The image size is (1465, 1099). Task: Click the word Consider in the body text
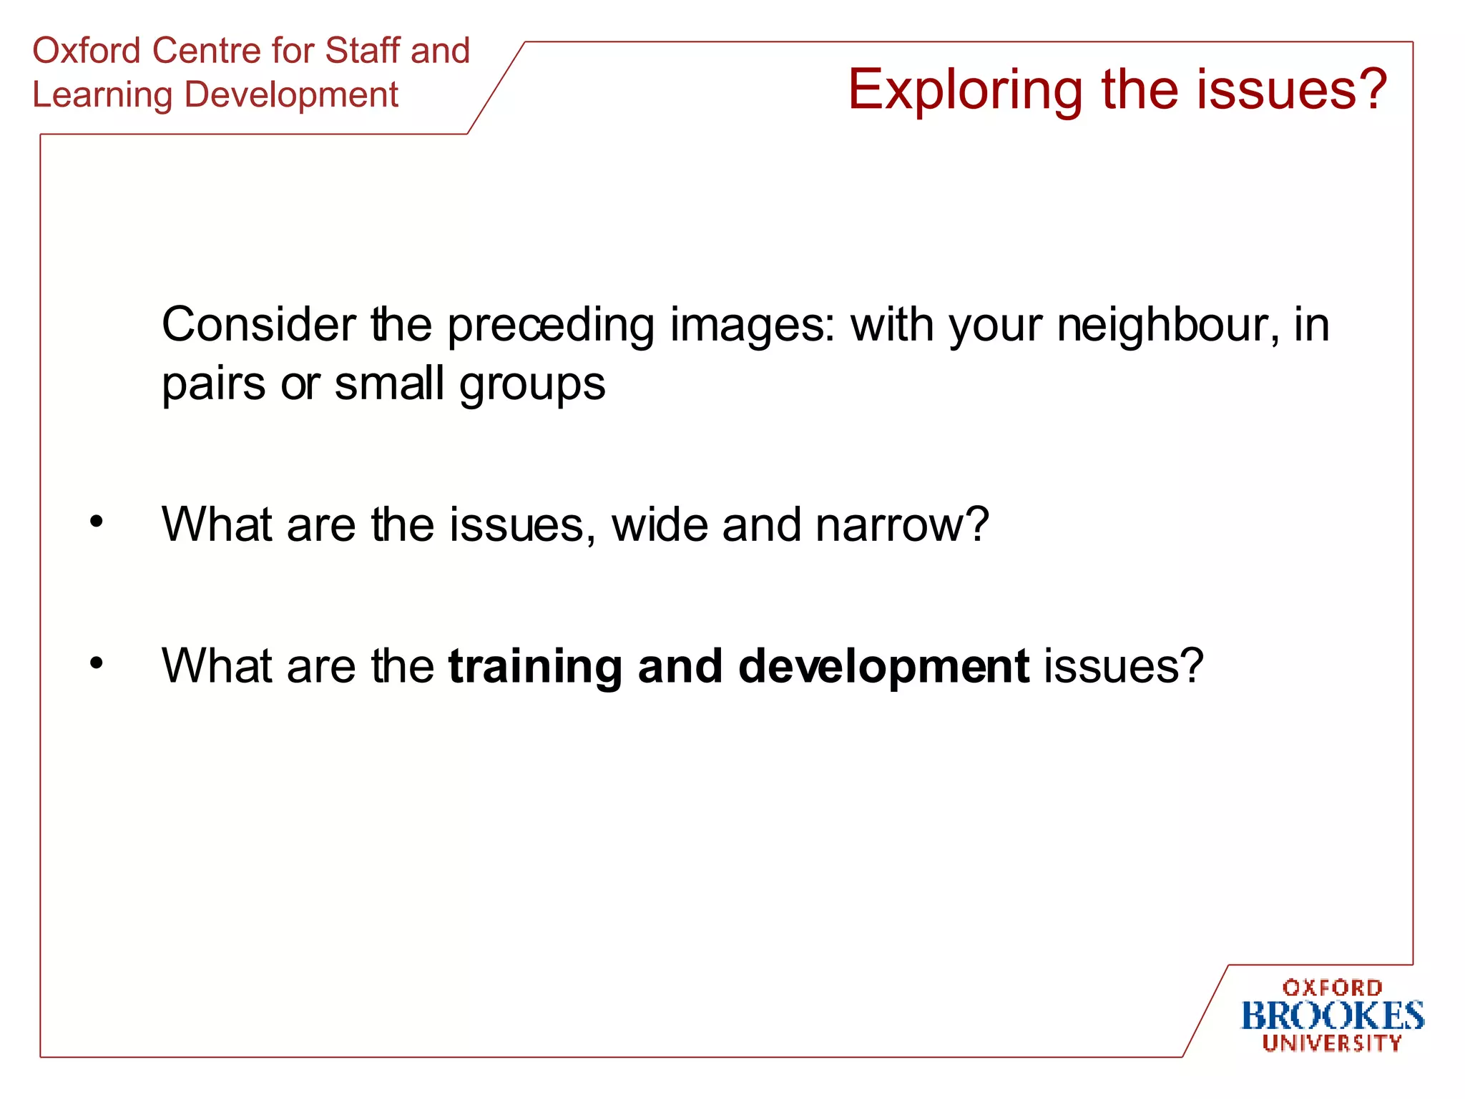(258, 325)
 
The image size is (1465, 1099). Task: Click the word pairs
(213, 385)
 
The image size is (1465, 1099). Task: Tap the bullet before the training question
(96, 663)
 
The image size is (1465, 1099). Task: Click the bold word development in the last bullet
(883, 667)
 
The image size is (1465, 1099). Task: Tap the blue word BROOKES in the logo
(1332, 1017)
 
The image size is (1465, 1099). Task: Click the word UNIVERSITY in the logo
(1332, 1043)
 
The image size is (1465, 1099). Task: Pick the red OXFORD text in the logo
(1332, 988)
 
